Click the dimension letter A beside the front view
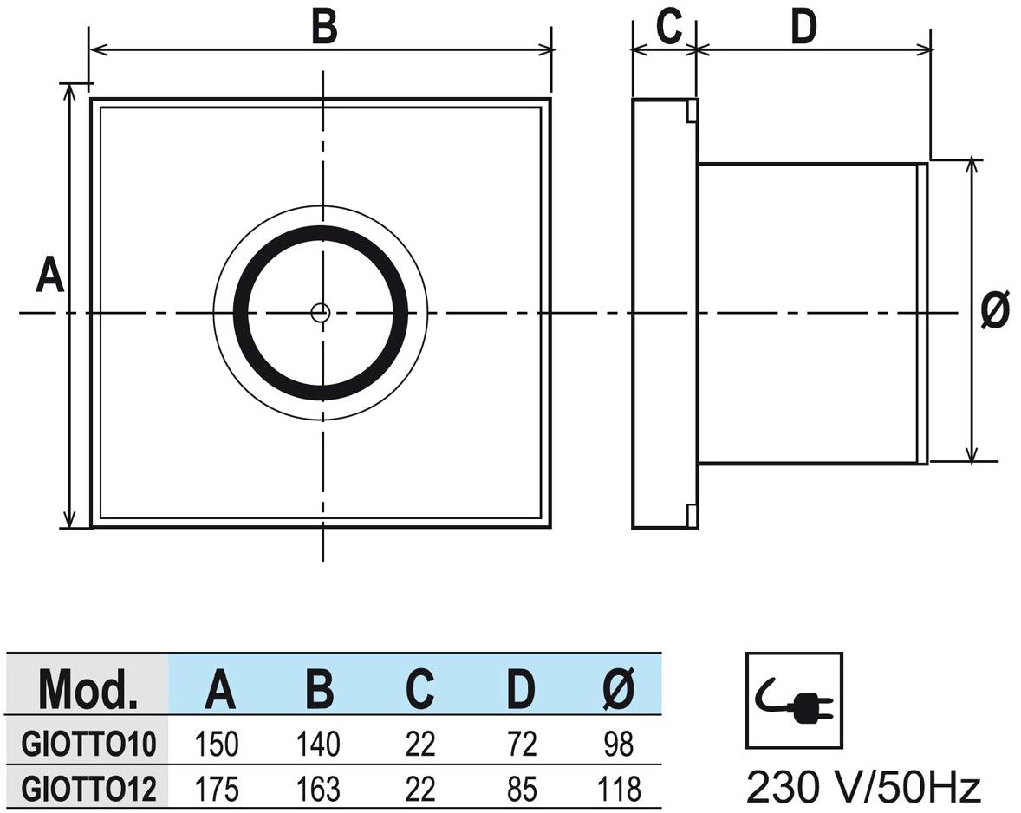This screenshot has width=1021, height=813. tap(49, 276)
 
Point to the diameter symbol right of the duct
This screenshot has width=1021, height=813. tap(995, 310)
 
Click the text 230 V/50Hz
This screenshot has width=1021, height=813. tap(863, 788)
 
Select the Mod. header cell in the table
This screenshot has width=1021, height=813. tap(88, 689)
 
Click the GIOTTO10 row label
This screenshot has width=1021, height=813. tap(88, 745)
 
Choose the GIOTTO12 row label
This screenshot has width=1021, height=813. tap(88, 789)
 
